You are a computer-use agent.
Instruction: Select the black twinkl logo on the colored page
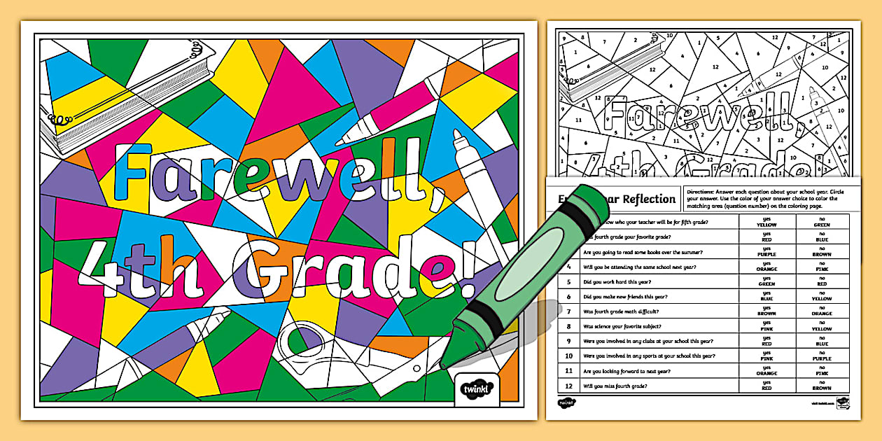click(x=477, y=388)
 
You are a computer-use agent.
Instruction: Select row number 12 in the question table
click(x=569, y=386)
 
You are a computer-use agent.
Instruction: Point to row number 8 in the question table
click(x=569, y=326)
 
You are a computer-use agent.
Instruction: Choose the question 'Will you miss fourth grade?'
click(x=614, y=386)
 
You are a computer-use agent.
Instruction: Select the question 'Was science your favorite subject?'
click(x=626, y=326)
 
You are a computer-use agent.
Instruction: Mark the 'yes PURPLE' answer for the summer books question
click(x=766, y=252)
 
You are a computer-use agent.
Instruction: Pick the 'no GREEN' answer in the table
click(x=822, y=222)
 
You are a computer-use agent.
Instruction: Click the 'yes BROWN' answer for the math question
click(x=766, y=311)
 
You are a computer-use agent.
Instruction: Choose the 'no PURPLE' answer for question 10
click(x=822, y=356)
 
